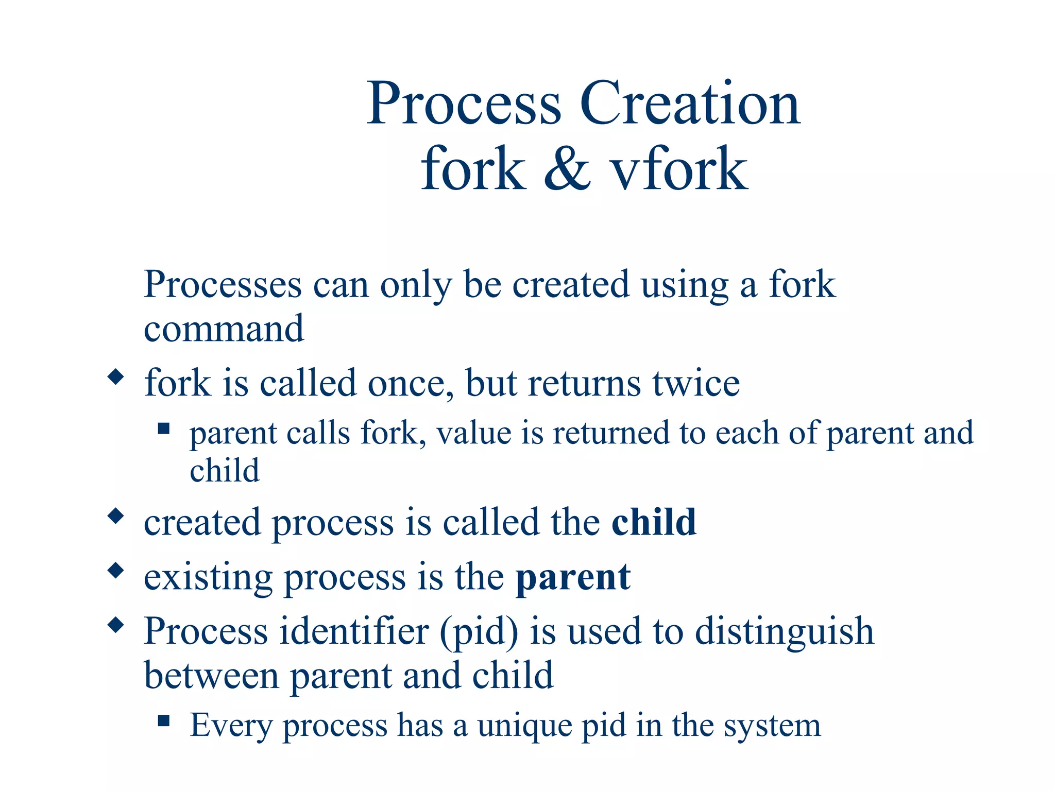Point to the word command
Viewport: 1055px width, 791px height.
(x=224, y=329)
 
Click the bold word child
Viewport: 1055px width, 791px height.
(x=654, y=522)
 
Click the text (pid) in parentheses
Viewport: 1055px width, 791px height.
(x=479, y=631)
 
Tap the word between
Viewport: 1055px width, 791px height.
(x=211, y=675)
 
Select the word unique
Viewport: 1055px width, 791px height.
(x=524, y=726)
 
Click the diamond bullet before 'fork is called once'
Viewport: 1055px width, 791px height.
(x=116, y=376)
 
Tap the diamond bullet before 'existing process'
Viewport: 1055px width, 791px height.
(x=116, y=570)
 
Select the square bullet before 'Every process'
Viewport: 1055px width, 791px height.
(x=164, y=720)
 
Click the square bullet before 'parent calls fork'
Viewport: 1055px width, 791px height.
(x=164, y=428)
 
